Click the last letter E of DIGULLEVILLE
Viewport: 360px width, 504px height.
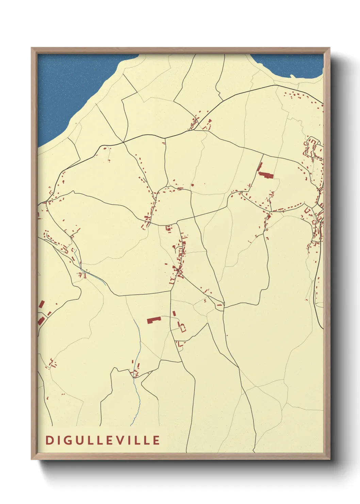click(x=156, y=440)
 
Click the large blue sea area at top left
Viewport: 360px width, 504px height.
click(x=68, y=89)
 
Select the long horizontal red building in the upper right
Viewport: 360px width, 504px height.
click(x=266, y=175)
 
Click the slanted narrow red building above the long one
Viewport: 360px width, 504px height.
click(x=260, y=167)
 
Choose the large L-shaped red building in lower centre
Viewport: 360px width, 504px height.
click(x=154, y=319)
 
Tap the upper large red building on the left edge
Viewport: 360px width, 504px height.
click(x=42, y=304)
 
